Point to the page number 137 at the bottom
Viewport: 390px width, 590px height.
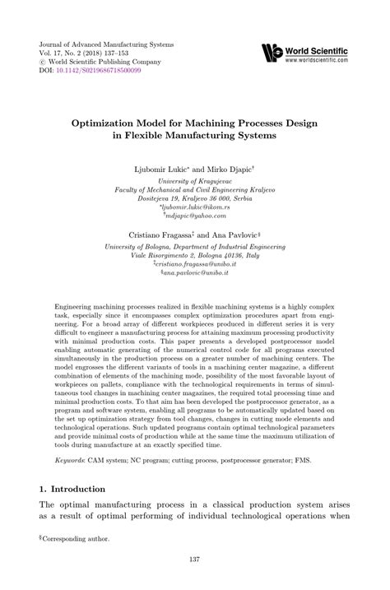(x=194, y=562)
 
